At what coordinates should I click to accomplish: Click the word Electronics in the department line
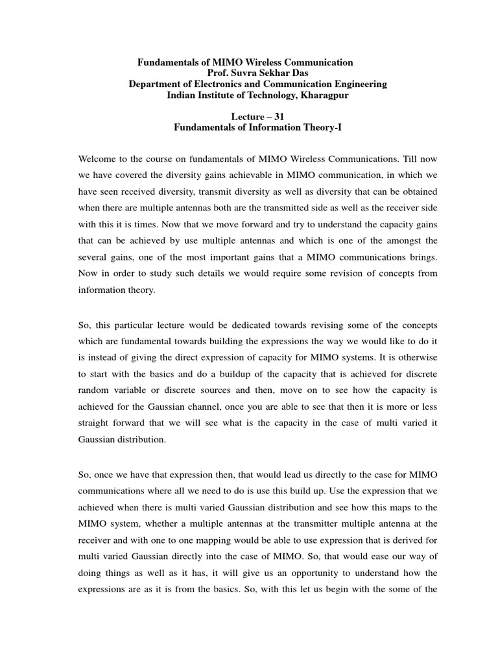[x=209, y=84]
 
